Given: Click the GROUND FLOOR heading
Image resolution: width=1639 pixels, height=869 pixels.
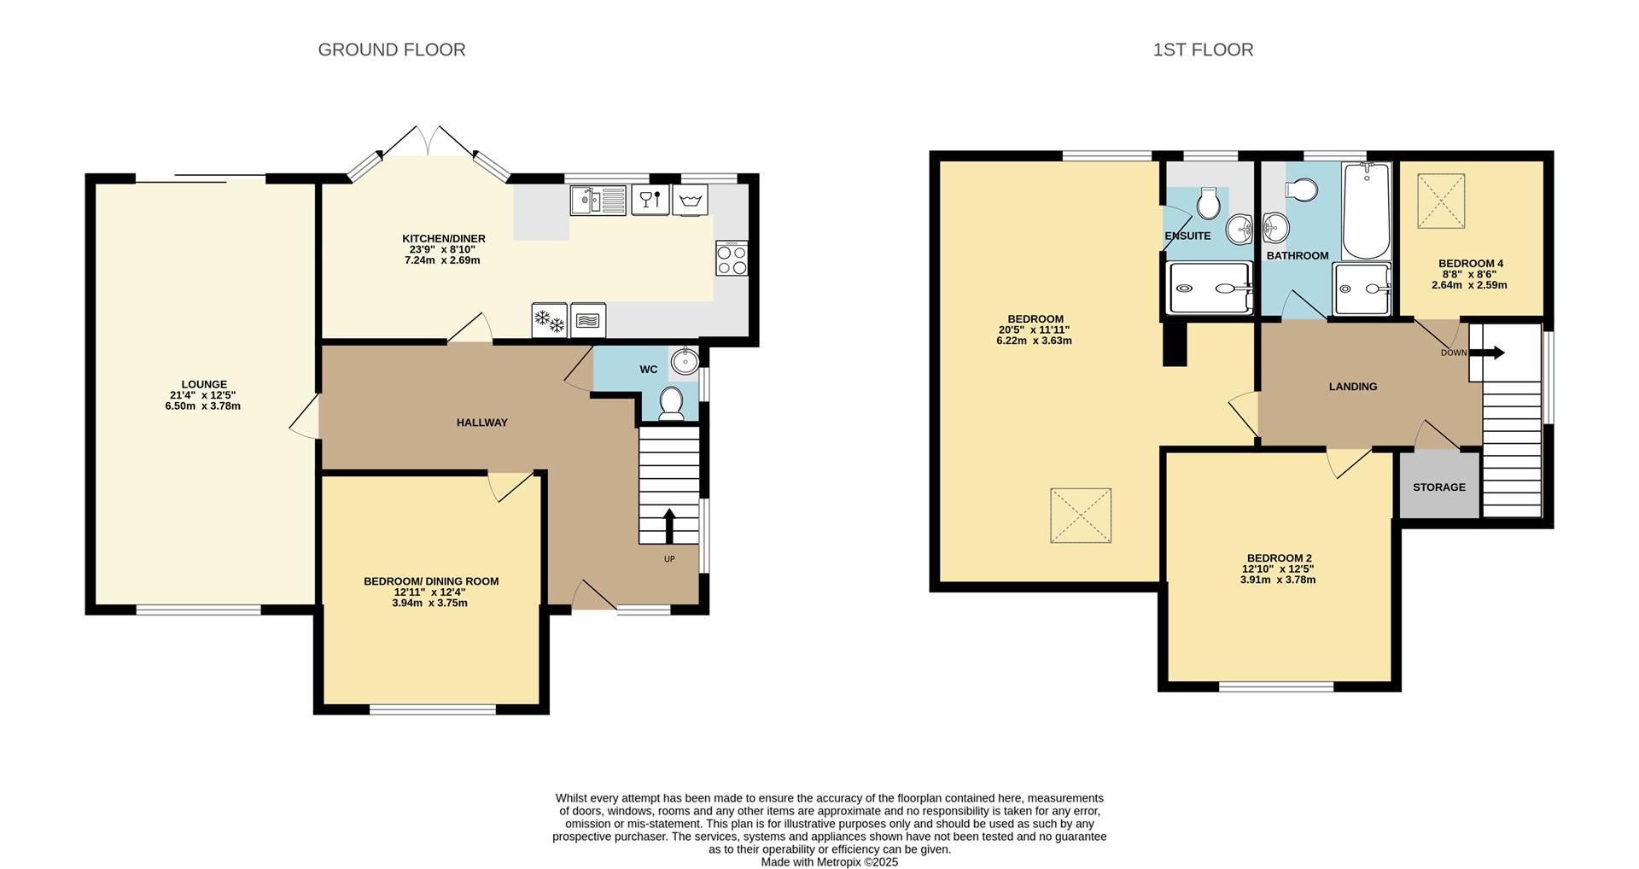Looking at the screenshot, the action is tap(392, 50).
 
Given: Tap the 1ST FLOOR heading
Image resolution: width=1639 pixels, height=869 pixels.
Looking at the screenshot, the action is tap(1203, 50).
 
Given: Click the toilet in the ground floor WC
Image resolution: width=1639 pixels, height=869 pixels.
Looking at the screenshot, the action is tap(672, 403).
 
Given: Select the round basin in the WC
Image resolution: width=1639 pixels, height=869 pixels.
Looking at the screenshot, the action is tap(685, 361).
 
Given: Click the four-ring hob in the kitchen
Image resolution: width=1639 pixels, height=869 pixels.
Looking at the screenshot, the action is tap(732, 258).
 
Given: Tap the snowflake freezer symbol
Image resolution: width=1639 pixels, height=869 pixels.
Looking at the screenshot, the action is tap(550, 320).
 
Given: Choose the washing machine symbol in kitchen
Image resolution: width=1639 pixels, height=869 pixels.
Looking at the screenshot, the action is tap(690, 201).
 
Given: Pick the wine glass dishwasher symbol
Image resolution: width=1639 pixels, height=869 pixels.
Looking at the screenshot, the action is tap(650, 201).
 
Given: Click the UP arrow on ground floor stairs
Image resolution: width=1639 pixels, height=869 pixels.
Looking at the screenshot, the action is tap(668, 526).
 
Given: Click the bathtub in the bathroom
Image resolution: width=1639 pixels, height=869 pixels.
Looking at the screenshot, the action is tap(1366, 211).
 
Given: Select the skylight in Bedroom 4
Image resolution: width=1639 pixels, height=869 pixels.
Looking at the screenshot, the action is tap(1442, 201).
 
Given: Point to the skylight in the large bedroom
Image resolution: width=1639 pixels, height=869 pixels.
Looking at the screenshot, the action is tap(1081, 516).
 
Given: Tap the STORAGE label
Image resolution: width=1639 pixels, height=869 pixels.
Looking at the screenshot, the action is tap(1439, 487).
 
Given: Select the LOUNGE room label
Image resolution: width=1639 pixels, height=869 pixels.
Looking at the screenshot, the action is tap(204, 384).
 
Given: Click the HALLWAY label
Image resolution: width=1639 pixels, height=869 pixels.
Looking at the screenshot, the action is tap(482, 423).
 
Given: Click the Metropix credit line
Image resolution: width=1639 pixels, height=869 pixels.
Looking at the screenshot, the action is tap(830, 862).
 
